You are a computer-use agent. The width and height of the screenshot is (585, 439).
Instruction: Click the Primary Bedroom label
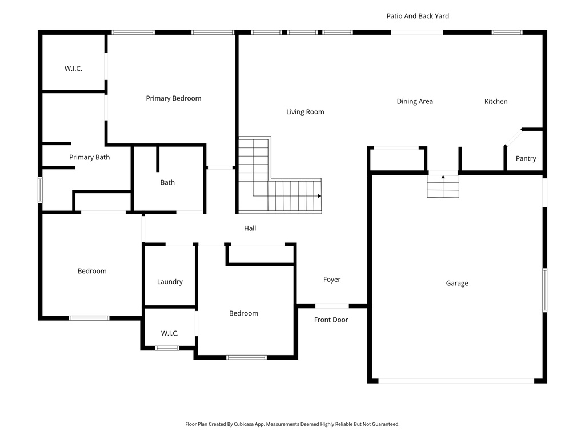tap(173, 98)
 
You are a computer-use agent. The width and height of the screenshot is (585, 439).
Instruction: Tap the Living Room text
tap(305, 112)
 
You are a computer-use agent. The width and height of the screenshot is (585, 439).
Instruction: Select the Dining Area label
tap(415, 102)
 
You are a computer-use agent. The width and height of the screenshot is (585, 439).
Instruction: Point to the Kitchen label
tap(496, 102)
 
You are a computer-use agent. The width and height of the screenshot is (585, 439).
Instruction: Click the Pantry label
tap(526, 158)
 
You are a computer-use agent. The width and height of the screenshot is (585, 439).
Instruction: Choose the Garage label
tap(457, 284)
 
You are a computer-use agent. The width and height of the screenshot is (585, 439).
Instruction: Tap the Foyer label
tap(332, 280)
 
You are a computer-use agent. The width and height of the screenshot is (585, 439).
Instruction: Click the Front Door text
tap(331, 320)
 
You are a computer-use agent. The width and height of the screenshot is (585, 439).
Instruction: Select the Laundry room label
tap(170, 282)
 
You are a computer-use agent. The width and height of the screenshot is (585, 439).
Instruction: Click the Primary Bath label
tap(89, 157)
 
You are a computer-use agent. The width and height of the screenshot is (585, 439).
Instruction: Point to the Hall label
tap(250, 229)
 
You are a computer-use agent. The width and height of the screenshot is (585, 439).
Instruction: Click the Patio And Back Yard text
tap(418, 16)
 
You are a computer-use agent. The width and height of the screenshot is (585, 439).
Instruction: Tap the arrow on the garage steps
tap(443, 178)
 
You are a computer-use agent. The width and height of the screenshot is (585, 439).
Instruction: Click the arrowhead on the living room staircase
tap(319, 196)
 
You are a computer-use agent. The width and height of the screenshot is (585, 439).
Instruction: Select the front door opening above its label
tap(332, 306)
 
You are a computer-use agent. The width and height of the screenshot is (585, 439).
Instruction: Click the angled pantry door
tap(513, 138)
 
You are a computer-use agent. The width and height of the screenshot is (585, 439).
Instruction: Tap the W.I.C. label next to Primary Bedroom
tap(73, 69)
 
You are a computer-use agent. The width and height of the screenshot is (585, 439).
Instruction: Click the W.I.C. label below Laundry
tap(170, 333)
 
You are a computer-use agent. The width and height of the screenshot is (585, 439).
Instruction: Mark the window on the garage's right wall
tap(544, 290)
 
